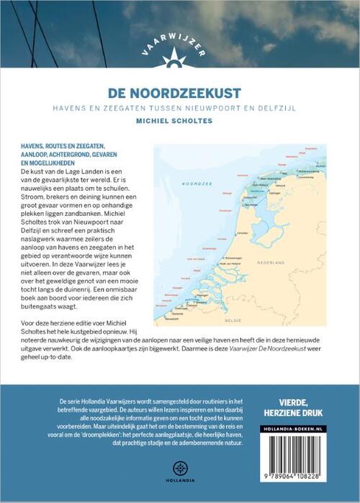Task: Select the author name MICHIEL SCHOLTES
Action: pos(180,122)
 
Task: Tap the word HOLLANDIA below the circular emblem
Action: pos(179,480)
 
